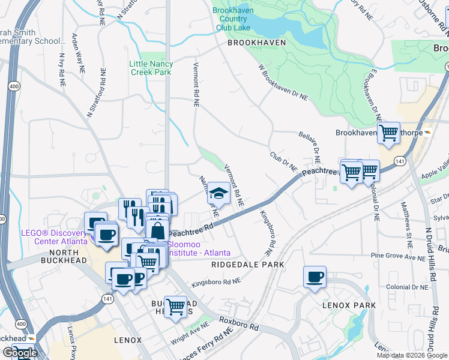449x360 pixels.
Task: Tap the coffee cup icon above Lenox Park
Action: click(315, 277)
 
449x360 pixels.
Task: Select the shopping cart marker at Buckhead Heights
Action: click(175, 307)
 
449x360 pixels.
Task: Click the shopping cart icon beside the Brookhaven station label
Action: click(389, 132)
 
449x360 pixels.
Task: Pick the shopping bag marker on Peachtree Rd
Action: click(157, 229)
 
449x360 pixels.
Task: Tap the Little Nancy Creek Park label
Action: click(151, 68)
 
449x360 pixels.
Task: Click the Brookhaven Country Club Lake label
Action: click(241, 19)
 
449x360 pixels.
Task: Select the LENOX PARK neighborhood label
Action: click(349, 305)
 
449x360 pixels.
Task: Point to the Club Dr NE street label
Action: click(283, 161)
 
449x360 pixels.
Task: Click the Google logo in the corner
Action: click(20, 353)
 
